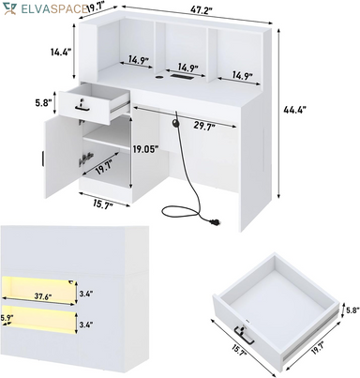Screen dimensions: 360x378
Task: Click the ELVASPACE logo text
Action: [53, 8]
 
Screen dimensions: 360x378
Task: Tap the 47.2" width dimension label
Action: [202, 9]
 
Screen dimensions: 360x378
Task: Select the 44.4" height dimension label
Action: [294, 110]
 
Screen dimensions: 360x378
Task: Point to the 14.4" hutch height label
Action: [61, 52]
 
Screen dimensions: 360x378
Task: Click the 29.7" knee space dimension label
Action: [204, 126]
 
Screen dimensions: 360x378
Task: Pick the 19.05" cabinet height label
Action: [144, 149]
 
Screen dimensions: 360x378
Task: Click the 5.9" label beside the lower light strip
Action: [7, 317]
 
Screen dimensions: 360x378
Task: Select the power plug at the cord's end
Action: [215, 222]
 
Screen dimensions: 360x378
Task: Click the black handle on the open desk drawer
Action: [82, 109]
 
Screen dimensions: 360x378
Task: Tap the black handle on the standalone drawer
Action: [244, 336]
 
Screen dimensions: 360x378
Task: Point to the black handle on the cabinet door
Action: [42, 158]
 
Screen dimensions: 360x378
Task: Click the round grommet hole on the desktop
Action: [159, 76]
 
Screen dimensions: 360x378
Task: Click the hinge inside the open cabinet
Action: [85, 159]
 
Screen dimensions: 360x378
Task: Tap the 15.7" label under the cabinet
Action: [102, 204]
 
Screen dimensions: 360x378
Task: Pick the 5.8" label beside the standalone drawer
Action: [351, 310]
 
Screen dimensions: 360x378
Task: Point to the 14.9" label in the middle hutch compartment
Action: [188, 68]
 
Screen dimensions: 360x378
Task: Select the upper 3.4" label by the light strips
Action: [85, 294]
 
